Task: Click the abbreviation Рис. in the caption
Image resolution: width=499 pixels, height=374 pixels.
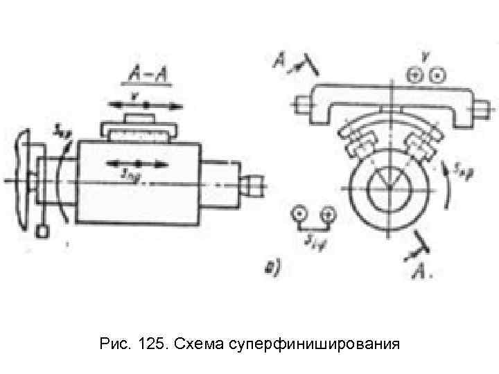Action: point(114,344)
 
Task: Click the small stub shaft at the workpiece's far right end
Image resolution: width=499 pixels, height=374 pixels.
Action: point(253,186)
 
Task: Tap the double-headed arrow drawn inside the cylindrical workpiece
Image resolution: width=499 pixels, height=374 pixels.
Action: point(138,164)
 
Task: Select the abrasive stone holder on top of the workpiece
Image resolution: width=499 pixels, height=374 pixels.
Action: point(139,129)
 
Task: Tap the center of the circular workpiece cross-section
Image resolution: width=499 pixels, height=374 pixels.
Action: point(389,186)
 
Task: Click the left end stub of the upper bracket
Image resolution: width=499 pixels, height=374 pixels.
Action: point(302,105)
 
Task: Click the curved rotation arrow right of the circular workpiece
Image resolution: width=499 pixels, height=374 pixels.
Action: point(444,187)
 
